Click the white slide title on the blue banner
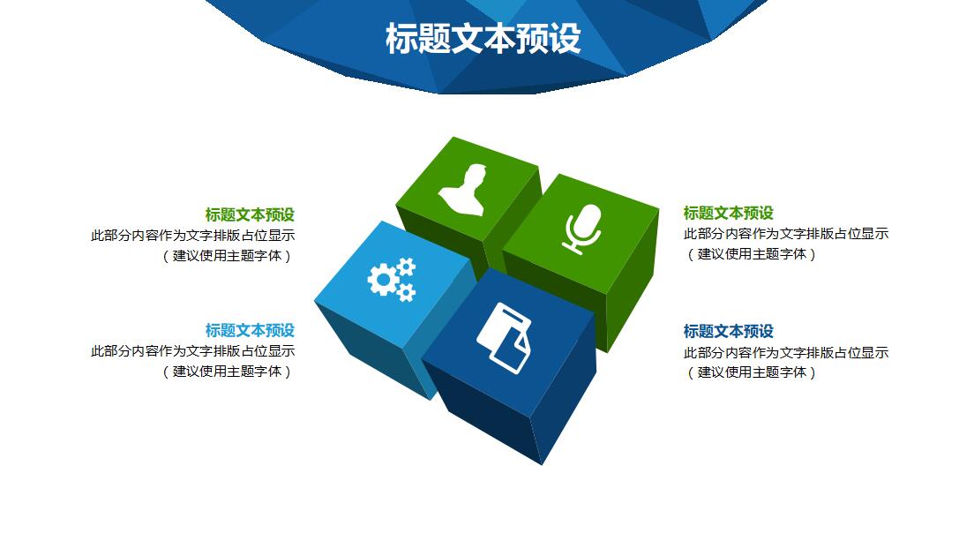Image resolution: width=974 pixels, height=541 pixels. click(483, 39)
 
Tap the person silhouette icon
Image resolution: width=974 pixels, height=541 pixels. click(463, 190)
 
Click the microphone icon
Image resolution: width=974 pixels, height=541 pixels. click(582, 229)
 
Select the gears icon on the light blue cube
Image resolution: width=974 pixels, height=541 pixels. click(392, 280)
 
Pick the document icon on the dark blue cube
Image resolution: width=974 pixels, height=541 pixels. click(505, 338)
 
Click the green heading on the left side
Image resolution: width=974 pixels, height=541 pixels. click(250, 215)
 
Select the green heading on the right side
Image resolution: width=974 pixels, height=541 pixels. click(728, 213)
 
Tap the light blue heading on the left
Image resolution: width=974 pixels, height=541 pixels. click(250, 330)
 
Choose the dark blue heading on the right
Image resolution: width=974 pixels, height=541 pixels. click(728, 331)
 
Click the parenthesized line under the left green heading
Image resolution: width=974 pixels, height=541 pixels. click(227, 256)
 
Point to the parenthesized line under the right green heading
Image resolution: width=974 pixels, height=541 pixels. click(751, 254)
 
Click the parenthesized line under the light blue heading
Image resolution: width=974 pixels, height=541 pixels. click(227, 372)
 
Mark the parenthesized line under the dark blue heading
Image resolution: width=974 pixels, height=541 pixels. click(751, 372)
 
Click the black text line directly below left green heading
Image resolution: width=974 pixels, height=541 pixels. click(192, 236)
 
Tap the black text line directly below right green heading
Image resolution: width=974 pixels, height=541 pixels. click(786, 234)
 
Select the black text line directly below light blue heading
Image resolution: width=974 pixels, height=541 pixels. click(192, 351)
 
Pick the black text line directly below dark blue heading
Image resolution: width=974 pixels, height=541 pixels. click(786, 353)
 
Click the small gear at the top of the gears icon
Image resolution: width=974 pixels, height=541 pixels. click(406, 267)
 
